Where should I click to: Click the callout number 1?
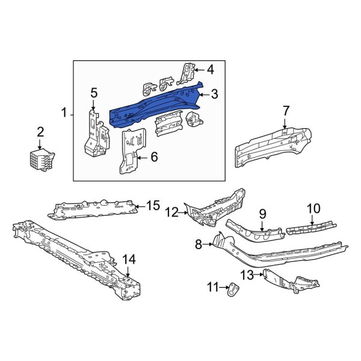point(64,113)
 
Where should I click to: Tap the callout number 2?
point(40,132)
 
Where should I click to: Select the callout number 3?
point(214,94)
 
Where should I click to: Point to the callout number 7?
point(286,110)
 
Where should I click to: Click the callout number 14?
point(129,259)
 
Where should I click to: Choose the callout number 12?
point(172,211)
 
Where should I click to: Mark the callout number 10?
point(313,209)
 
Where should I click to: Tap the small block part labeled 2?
point(41,161)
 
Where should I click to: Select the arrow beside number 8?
point(208,244)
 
